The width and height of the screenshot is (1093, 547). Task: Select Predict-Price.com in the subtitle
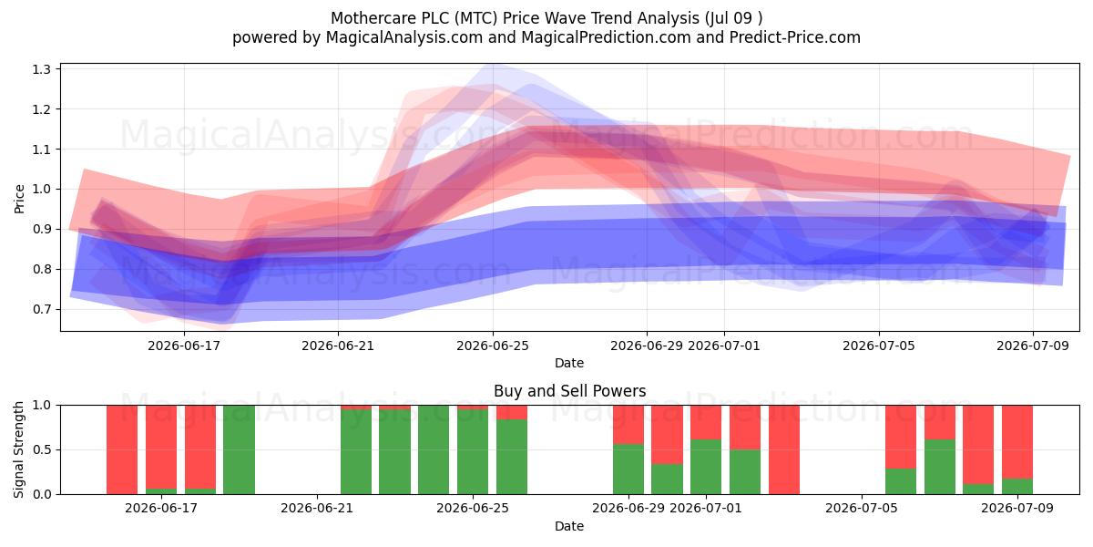[x=795, y=37]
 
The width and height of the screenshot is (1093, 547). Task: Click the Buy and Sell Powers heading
[x=569, y=391]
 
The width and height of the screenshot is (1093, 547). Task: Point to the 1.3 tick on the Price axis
[x=42, y=69]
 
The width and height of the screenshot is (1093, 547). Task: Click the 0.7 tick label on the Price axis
[x=42, y=309]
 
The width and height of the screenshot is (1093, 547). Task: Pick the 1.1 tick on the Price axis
[x=42, y=150]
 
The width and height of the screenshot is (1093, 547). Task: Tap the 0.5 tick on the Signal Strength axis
[x=42, y=449]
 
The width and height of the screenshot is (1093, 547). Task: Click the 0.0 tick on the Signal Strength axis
[x=42, y=494]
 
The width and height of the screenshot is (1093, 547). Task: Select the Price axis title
[x=19, y=199]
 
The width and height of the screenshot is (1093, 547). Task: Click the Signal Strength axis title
[x=19, y=449]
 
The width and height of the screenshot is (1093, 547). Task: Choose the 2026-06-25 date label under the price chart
[x=493, y=346]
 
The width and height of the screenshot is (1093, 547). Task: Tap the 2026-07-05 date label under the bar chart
[x=862, y=508]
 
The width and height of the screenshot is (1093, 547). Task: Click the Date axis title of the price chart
[x=569, y=363]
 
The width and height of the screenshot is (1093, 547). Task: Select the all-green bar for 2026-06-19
[x=239, y=449]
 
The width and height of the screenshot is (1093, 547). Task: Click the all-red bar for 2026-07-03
[x=784, y=449]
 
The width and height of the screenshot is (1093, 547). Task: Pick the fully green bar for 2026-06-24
[x=434, y=449]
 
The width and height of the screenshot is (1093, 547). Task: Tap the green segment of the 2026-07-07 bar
[x=940, y=467]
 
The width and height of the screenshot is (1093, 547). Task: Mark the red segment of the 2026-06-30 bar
[x=667, y=434]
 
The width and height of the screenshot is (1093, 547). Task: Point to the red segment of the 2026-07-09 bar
[x=1017, y=442]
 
